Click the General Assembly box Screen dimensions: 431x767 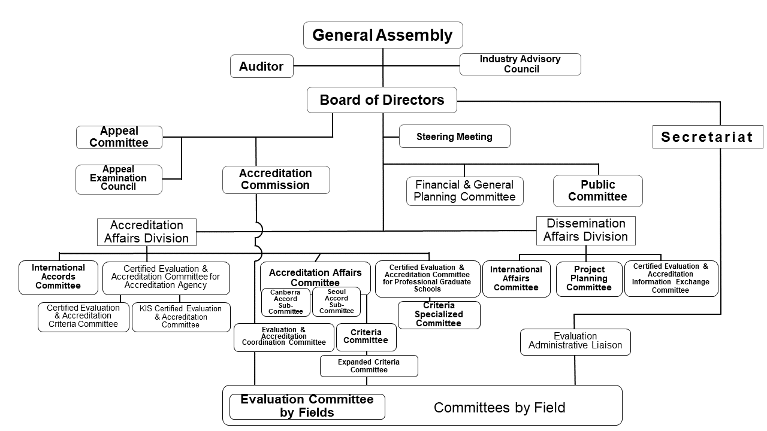click(383, 35)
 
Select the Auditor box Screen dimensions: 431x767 click(262, 66)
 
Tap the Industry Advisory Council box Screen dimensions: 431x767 click(520, 64)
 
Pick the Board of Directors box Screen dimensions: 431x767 click(382, 100)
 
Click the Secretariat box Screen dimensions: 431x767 click(707, 137)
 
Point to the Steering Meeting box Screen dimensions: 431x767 click(454, 136)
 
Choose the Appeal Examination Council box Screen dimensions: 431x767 click(119, 179)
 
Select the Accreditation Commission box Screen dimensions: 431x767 click(276, 180)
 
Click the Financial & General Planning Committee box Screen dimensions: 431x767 click(464, 191)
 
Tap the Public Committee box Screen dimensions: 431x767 click(597, 191)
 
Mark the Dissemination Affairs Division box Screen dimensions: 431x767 click(585, 230)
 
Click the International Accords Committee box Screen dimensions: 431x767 click(58, 277)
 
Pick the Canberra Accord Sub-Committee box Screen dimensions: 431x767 click(286, 302)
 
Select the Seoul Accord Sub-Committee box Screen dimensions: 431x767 click(336, 302)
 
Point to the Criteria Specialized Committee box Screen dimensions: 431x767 click(439, 315)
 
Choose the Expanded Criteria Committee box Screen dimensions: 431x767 click(369, 366)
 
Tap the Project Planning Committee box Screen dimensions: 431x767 click(588, 279)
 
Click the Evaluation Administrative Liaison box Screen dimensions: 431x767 click(575, 341)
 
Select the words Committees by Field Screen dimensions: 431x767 click(499, 408)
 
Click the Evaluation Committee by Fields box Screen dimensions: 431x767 click(307, 406)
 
